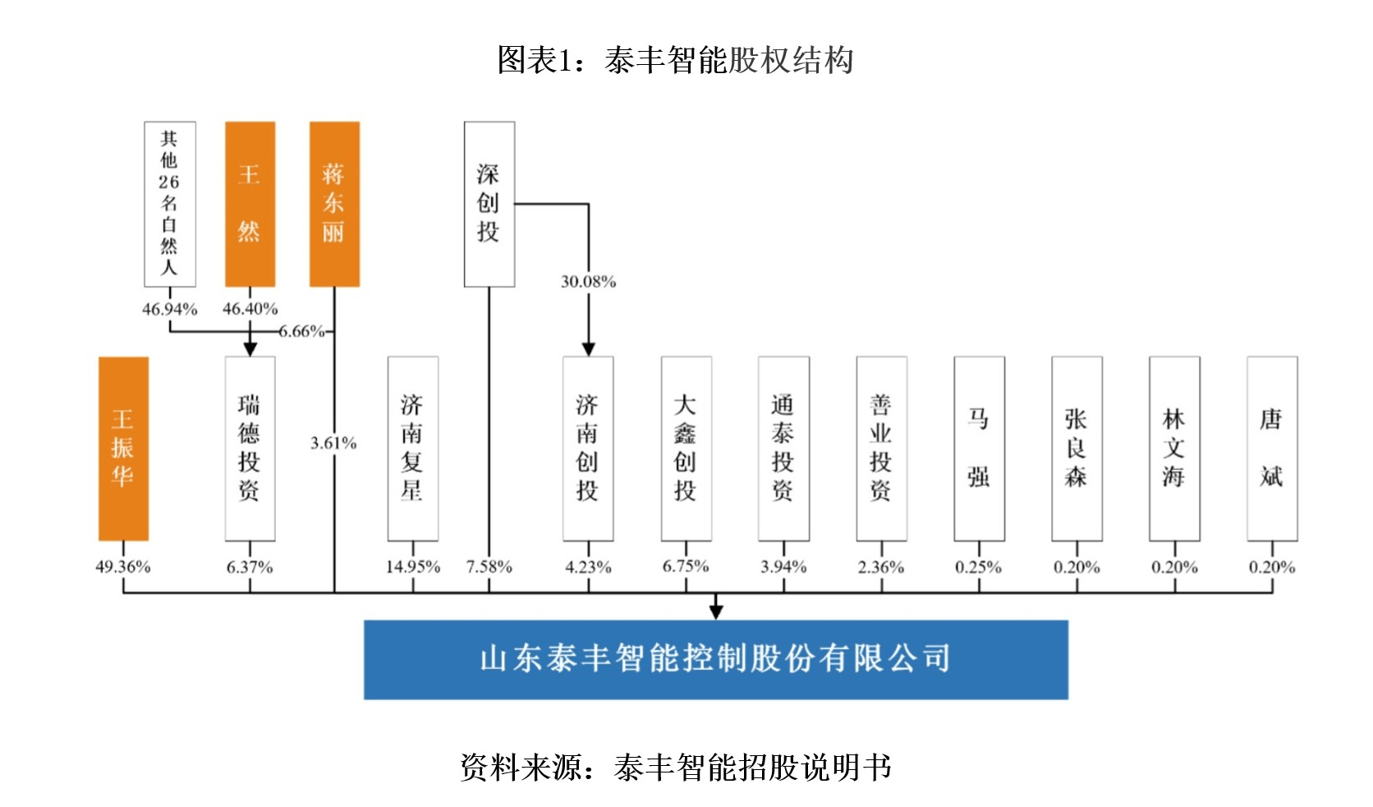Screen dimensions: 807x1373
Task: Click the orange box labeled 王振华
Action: point(123,448)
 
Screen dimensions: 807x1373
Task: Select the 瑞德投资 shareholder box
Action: point(250,448)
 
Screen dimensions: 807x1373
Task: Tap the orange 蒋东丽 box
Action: point(334,204)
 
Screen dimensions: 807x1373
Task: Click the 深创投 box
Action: point(489,204)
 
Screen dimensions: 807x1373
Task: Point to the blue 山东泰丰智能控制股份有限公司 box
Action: point(715,659)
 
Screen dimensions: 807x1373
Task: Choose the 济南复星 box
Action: point(412,448)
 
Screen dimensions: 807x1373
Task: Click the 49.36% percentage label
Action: point(123,567)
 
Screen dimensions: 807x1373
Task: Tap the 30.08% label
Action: point(588,282)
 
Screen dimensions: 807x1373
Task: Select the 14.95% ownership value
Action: point(412,567)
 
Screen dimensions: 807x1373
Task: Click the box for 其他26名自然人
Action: point(169,204)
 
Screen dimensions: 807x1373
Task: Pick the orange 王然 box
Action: point(250,204)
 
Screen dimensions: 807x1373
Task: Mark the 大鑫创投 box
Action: point(686,448)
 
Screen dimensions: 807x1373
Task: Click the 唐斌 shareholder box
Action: point(1272,448)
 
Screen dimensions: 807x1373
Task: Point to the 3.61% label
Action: point(333,444)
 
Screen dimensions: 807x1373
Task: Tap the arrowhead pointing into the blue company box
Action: point(716,611)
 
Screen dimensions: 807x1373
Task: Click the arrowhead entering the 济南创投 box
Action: point(588,349)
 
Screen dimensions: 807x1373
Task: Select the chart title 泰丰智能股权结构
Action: point(675,60)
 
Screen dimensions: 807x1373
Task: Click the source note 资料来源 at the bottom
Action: point(675,767)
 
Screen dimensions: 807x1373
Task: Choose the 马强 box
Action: point(979,448)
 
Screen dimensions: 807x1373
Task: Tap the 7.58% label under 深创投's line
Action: point(489,567)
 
